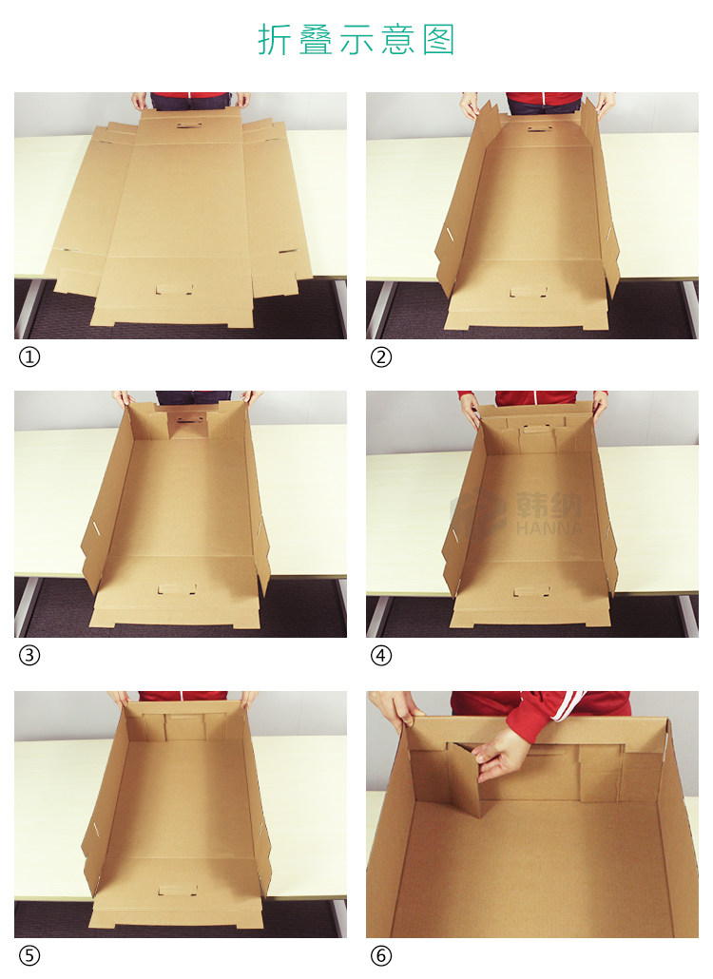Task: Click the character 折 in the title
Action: coord(274,40)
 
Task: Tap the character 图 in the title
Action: coord(438,40)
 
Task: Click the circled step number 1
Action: coord(29,357)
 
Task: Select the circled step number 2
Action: coord(381,357)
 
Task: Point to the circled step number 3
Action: coord(29,656)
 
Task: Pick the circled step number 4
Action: coord(381,656)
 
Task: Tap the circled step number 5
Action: coord(29,955)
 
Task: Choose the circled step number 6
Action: coord(381,955)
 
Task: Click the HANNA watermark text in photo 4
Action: coord(549,528)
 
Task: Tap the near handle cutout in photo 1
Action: coord(174,290)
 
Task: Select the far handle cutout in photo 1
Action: coord(186,125)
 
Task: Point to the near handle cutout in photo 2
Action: coord(529,292)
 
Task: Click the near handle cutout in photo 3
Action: coord(178,588)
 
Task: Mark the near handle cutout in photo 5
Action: coord(179,890)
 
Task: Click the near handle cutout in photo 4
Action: coord(531,590)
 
